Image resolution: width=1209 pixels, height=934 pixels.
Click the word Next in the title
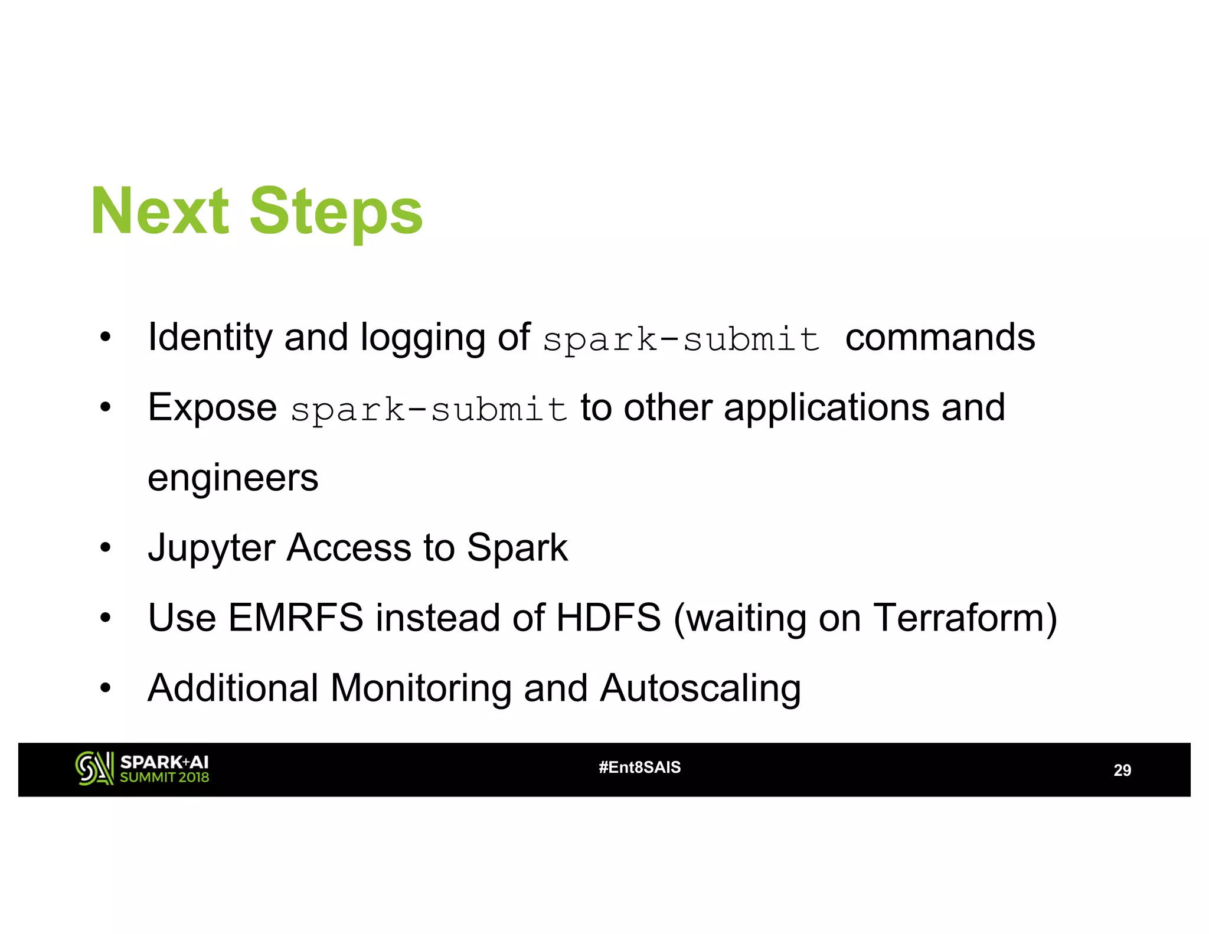coord(160,211)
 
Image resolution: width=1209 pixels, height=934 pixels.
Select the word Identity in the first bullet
coord(210,338)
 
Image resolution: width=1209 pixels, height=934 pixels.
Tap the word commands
coord(940,338)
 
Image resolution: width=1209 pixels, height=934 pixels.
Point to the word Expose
coord(212,408)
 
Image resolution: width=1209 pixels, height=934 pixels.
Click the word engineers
coord(233,478)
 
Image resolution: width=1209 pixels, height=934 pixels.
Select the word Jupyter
coord(211,548)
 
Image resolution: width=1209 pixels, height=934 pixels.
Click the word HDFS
coord(608,618)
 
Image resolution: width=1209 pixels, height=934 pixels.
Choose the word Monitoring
coord(420,688)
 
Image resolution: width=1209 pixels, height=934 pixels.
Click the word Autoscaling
coord(700,688)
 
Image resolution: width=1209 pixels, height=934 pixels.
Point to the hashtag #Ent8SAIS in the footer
coord(639,768)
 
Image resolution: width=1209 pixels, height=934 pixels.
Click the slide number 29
coord(1122,770)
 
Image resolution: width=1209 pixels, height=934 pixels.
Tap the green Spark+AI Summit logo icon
coord(94,769)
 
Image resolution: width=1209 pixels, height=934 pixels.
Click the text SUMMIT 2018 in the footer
coord(164,778)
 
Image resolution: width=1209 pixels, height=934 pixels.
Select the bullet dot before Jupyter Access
coord(106,548)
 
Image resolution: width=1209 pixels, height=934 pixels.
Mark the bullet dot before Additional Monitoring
coord(106,688)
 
